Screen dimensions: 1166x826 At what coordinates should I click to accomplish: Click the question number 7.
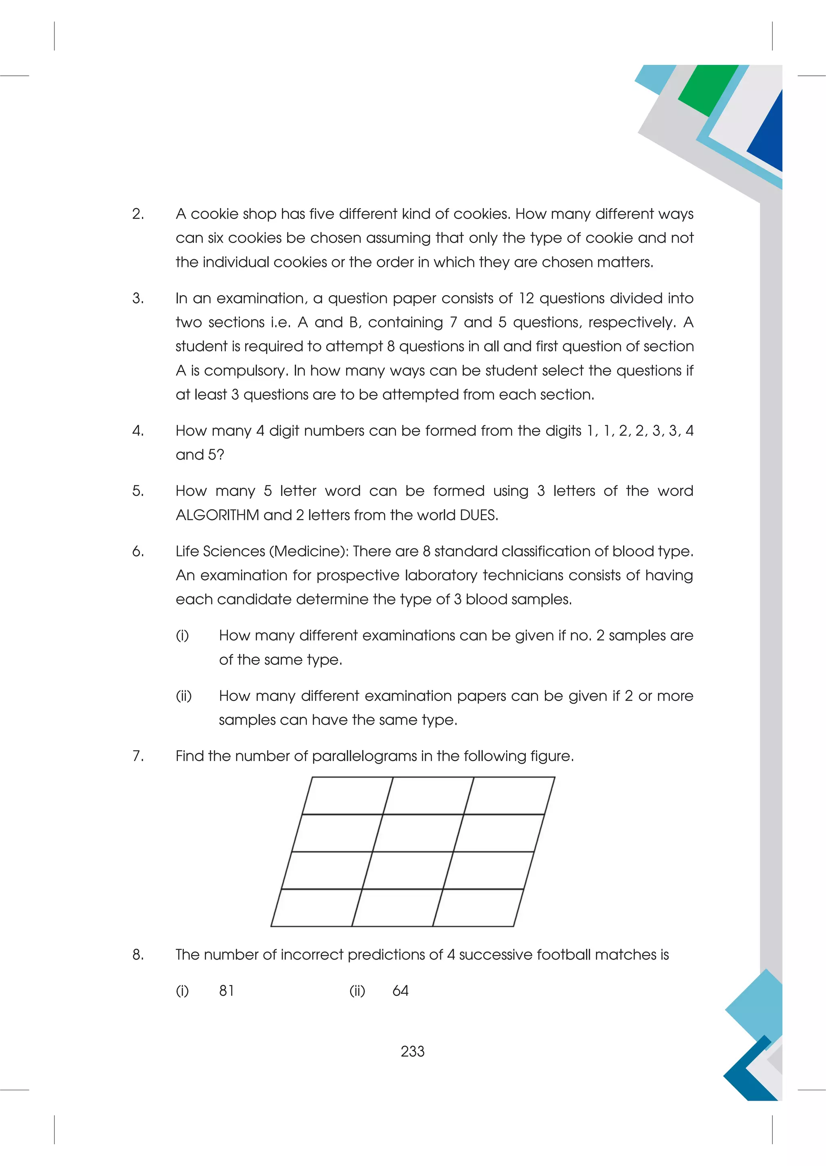point(138,756)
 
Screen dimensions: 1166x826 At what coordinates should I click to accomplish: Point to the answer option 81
point(226,991)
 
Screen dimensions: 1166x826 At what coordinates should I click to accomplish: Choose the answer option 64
point(400,991)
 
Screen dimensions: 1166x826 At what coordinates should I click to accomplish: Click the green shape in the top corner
point(707,89)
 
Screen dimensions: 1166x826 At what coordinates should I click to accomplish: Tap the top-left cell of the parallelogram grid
point(347,796)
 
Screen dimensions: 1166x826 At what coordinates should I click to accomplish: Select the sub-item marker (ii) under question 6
point(184,695)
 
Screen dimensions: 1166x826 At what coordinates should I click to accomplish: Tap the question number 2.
point(138,214)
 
